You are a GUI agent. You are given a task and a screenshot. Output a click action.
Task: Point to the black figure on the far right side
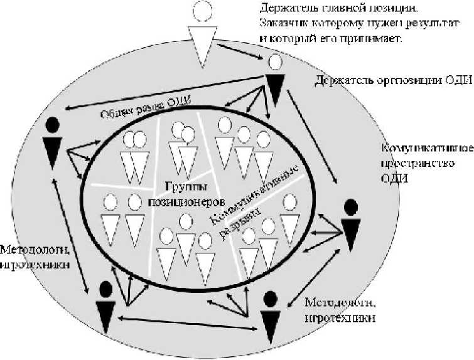click(x=352, y=225)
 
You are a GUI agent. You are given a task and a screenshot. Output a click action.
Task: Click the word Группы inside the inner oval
click(x=183, y=186)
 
